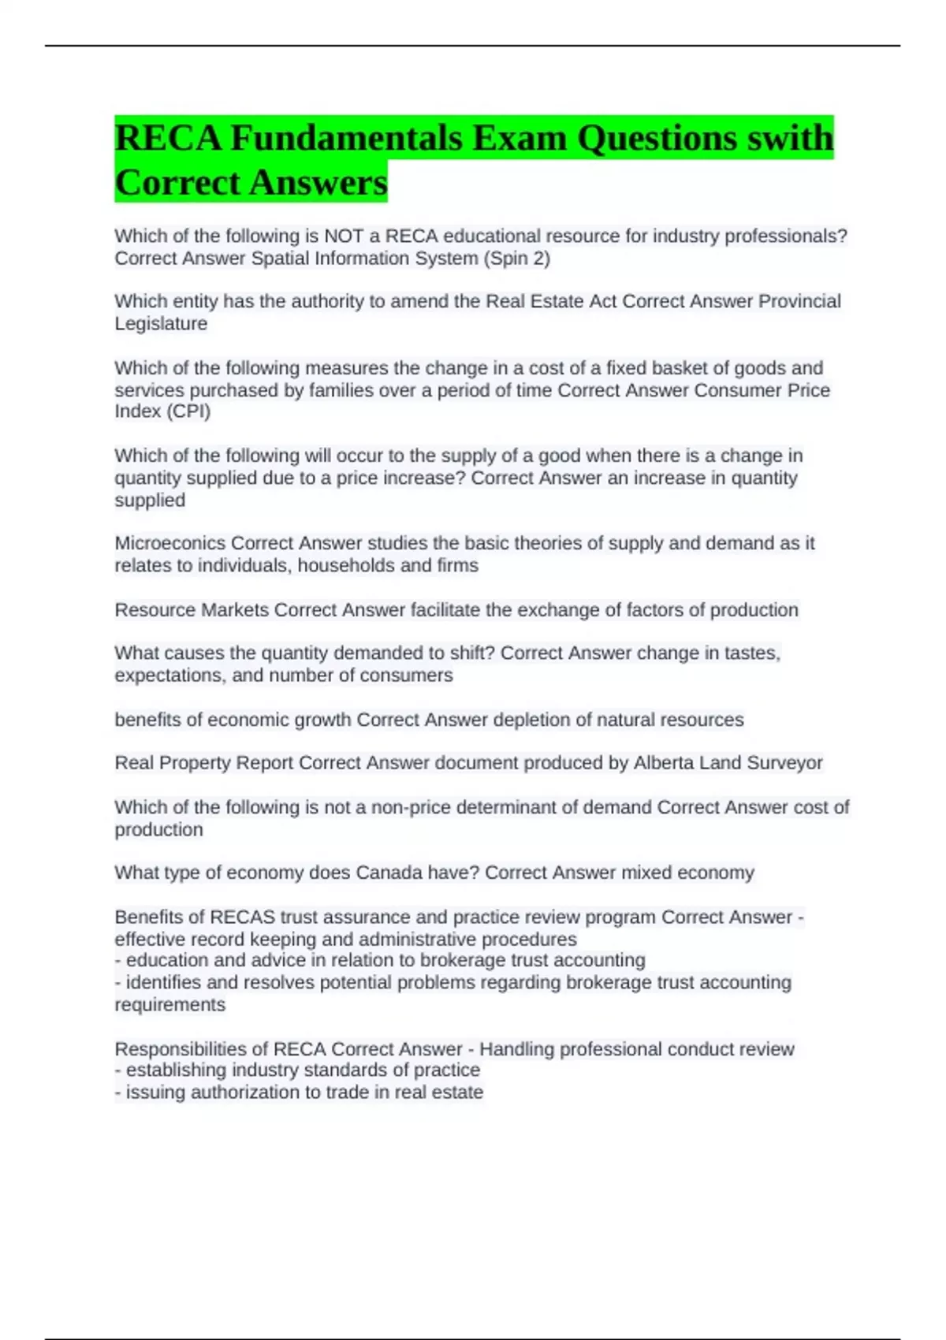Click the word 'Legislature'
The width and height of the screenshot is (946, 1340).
(161, 324)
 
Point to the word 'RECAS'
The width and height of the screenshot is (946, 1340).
(243, 918)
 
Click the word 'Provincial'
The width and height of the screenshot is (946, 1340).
(799, 302)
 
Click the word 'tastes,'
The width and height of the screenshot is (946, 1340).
(747, 653)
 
